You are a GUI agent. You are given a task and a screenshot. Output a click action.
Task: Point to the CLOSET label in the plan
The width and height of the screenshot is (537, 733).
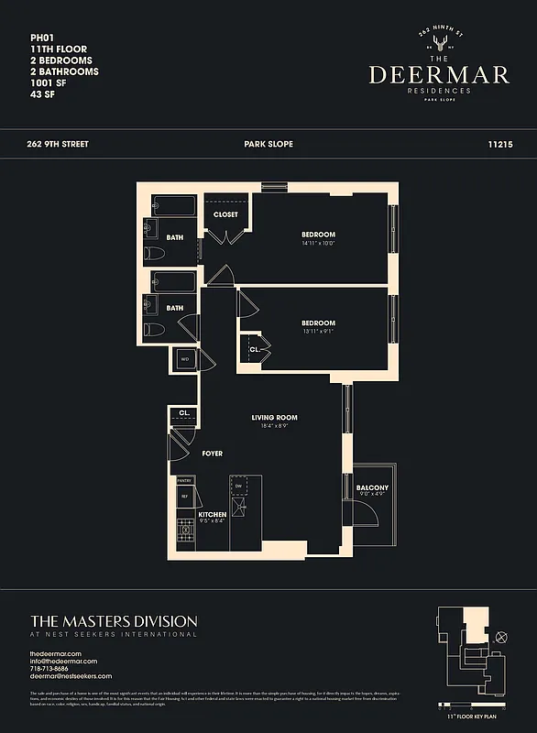tap(225, 214)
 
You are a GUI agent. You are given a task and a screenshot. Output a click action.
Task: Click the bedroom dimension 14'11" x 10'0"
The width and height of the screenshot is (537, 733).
tap(319, 244)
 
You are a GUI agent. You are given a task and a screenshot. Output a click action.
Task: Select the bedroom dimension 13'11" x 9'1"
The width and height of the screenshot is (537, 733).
tap(319, 332)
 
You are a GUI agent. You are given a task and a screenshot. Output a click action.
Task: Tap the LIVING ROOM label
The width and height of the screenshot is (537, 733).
tap(274, 418)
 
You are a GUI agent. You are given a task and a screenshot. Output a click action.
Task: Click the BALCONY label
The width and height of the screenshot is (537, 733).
tap(372, 487)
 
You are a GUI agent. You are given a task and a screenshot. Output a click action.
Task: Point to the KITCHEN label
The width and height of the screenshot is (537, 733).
tap(213, 515)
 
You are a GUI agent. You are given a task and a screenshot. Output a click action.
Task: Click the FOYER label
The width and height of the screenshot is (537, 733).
tap(212, 454)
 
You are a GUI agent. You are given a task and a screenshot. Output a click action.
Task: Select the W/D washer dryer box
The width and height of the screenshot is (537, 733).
tap(184, 359)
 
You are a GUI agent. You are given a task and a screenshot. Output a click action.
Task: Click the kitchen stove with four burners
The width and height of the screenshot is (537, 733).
tap(183, 530)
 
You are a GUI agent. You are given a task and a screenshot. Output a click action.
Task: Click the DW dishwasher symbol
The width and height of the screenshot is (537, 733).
tap(238, 486)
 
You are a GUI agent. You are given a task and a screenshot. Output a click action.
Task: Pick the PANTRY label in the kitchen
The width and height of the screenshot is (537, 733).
tap(183, 479)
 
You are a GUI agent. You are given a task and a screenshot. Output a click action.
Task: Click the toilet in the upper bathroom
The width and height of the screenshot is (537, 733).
tap(153, 254)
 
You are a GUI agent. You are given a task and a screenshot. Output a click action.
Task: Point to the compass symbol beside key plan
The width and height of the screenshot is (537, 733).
tap(500, 637)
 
